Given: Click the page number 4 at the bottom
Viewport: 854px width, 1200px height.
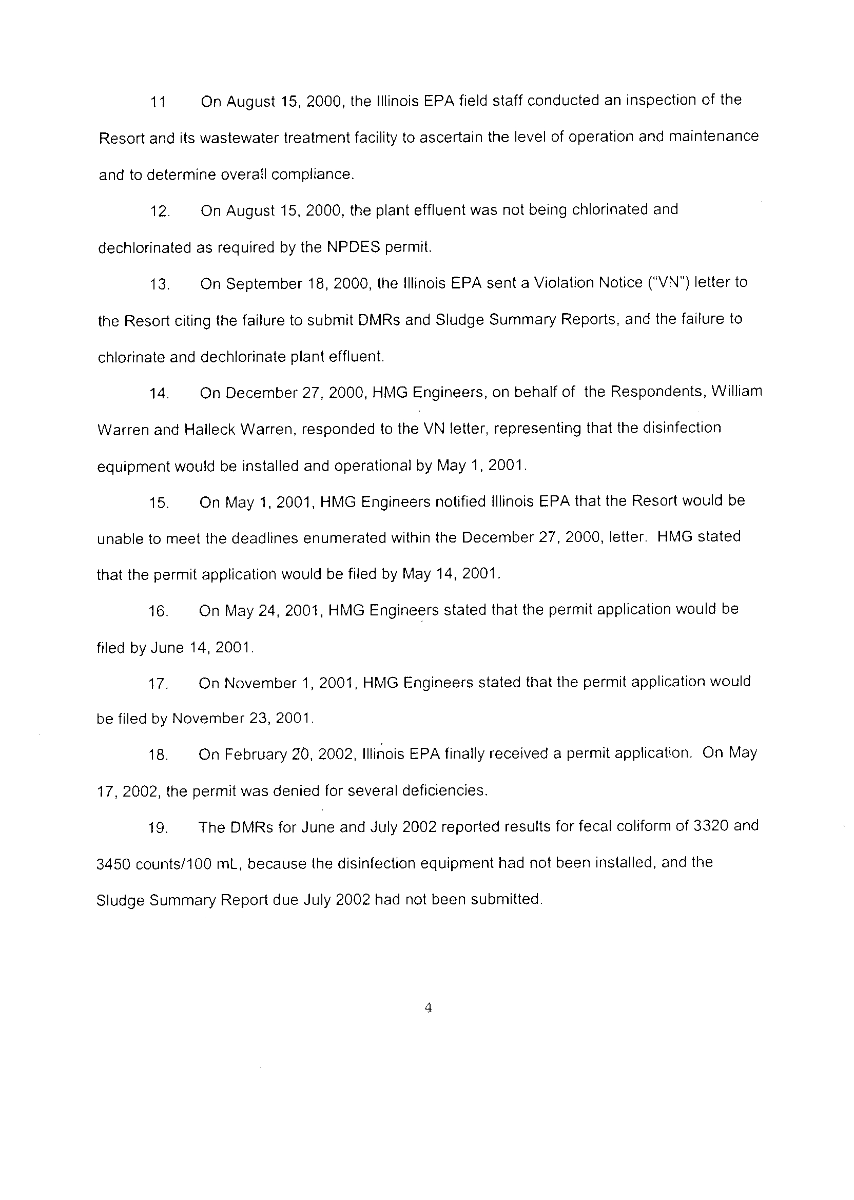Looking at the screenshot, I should pyautogui.click(x=428, y=1008).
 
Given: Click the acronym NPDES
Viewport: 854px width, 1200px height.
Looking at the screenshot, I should pyautogui.click(x=353, y=247).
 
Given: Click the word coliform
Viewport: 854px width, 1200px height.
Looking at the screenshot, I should pyautogui.click(x=642, y=827).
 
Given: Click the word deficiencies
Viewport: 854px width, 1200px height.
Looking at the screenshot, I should pyautogui.click(x=444, y=790).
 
